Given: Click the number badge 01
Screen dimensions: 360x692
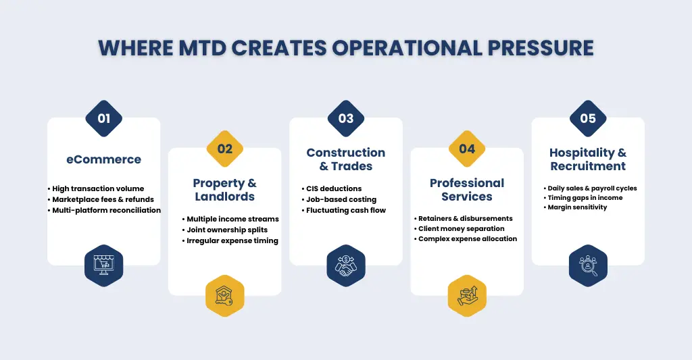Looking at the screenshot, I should (x=103, y=118).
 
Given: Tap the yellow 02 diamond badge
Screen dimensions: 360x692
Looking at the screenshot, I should (x=224, y=149).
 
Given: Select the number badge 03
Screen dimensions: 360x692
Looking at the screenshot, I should (x=346, y=118).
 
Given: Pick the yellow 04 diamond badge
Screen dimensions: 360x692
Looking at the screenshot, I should (x=467, y=149).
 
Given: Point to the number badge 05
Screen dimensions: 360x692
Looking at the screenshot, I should (x=588, y=118).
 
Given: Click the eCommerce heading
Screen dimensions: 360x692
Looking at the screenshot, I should (x=103, y=160).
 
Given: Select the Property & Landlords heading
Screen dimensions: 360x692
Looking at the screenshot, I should (x=224, y=190).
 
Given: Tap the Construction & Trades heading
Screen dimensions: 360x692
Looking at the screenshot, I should (x=346, y=159).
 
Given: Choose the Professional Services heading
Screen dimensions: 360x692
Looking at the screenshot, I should (x=467, y=190).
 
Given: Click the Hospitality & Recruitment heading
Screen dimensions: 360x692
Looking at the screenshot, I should (x=588, y=159).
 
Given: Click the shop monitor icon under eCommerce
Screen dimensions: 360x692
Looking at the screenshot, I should (x=103, y=265).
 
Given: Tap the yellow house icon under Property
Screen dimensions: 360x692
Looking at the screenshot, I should (x=224, y=296).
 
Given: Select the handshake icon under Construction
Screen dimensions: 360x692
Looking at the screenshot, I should (x=346, y=265).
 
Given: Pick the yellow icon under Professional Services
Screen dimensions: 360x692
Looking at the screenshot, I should (x=467, y=296).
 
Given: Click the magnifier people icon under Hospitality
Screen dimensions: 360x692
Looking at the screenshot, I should (x=588, y=265).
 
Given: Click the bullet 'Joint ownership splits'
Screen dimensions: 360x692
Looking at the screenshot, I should (x=226, y=230).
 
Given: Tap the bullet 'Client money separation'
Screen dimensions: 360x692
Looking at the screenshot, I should (x=461, y=229).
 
